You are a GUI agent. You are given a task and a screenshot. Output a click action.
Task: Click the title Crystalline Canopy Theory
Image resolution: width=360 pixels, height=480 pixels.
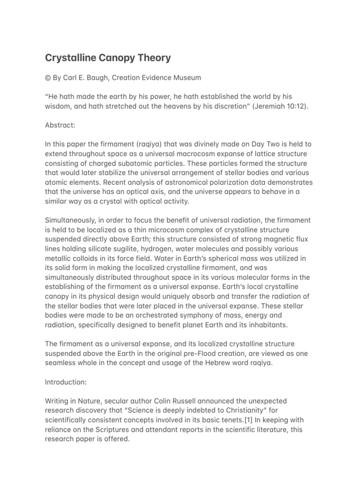tap(108, 58)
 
